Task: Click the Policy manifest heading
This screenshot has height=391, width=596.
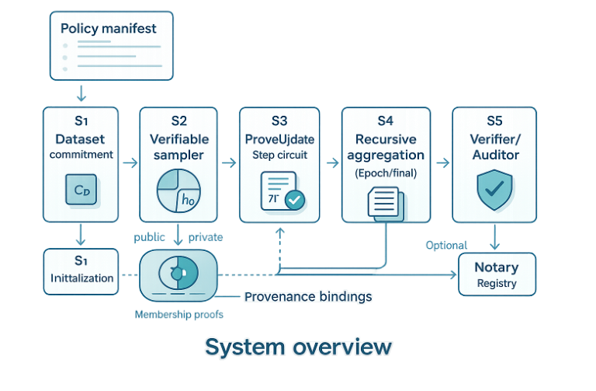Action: coord(108,29)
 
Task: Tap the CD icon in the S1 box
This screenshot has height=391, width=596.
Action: coord(81,190)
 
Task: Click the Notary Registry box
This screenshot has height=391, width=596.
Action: coord(496,274)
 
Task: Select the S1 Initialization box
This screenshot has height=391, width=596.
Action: coord(81,271)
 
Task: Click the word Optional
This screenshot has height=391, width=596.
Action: coord(446,245)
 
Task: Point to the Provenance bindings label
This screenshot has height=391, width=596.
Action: coord(308,296)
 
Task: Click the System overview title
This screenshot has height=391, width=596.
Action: coord(298,347)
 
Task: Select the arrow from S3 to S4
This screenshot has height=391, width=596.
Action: coord(332,162)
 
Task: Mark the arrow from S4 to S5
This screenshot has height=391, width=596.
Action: coord(442,162)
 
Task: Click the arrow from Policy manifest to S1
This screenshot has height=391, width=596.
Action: coord(80,94)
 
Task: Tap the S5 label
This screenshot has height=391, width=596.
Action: coord(494,120)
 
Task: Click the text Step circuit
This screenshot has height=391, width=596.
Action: coord(279,155)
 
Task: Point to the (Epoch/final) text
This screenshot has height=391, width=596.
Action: coord(386,173)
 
